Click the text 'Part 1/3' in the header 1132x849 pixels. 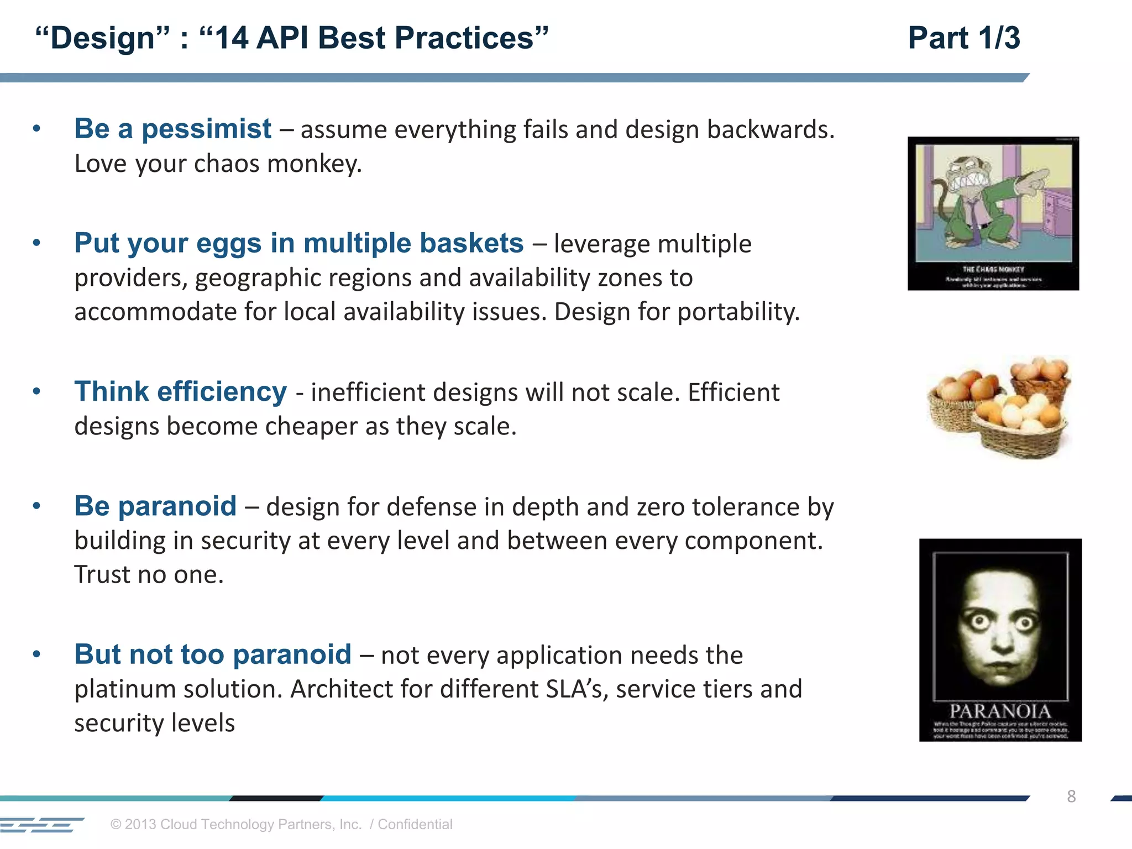pos(963,38)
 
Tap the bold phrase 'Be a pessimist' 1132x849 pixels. pos(172,129)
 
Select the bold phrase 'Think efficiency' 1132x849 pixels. pos(180,392)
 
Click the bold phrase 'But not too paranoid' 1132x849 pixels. pos(213,654)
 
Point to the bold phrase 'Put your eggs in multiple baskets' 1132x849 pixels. pos(298,243)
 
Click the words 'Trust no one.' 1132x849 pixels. pos(149,575)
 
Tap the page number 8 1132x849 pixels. pos(1071,796)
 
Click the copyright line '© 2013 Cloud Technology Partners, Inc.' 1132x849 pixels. pos(236,824)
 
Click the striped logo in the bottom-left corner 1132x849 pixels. pos(41,825)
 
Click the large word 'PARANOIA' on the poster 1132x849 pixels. pos(1000,711)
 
